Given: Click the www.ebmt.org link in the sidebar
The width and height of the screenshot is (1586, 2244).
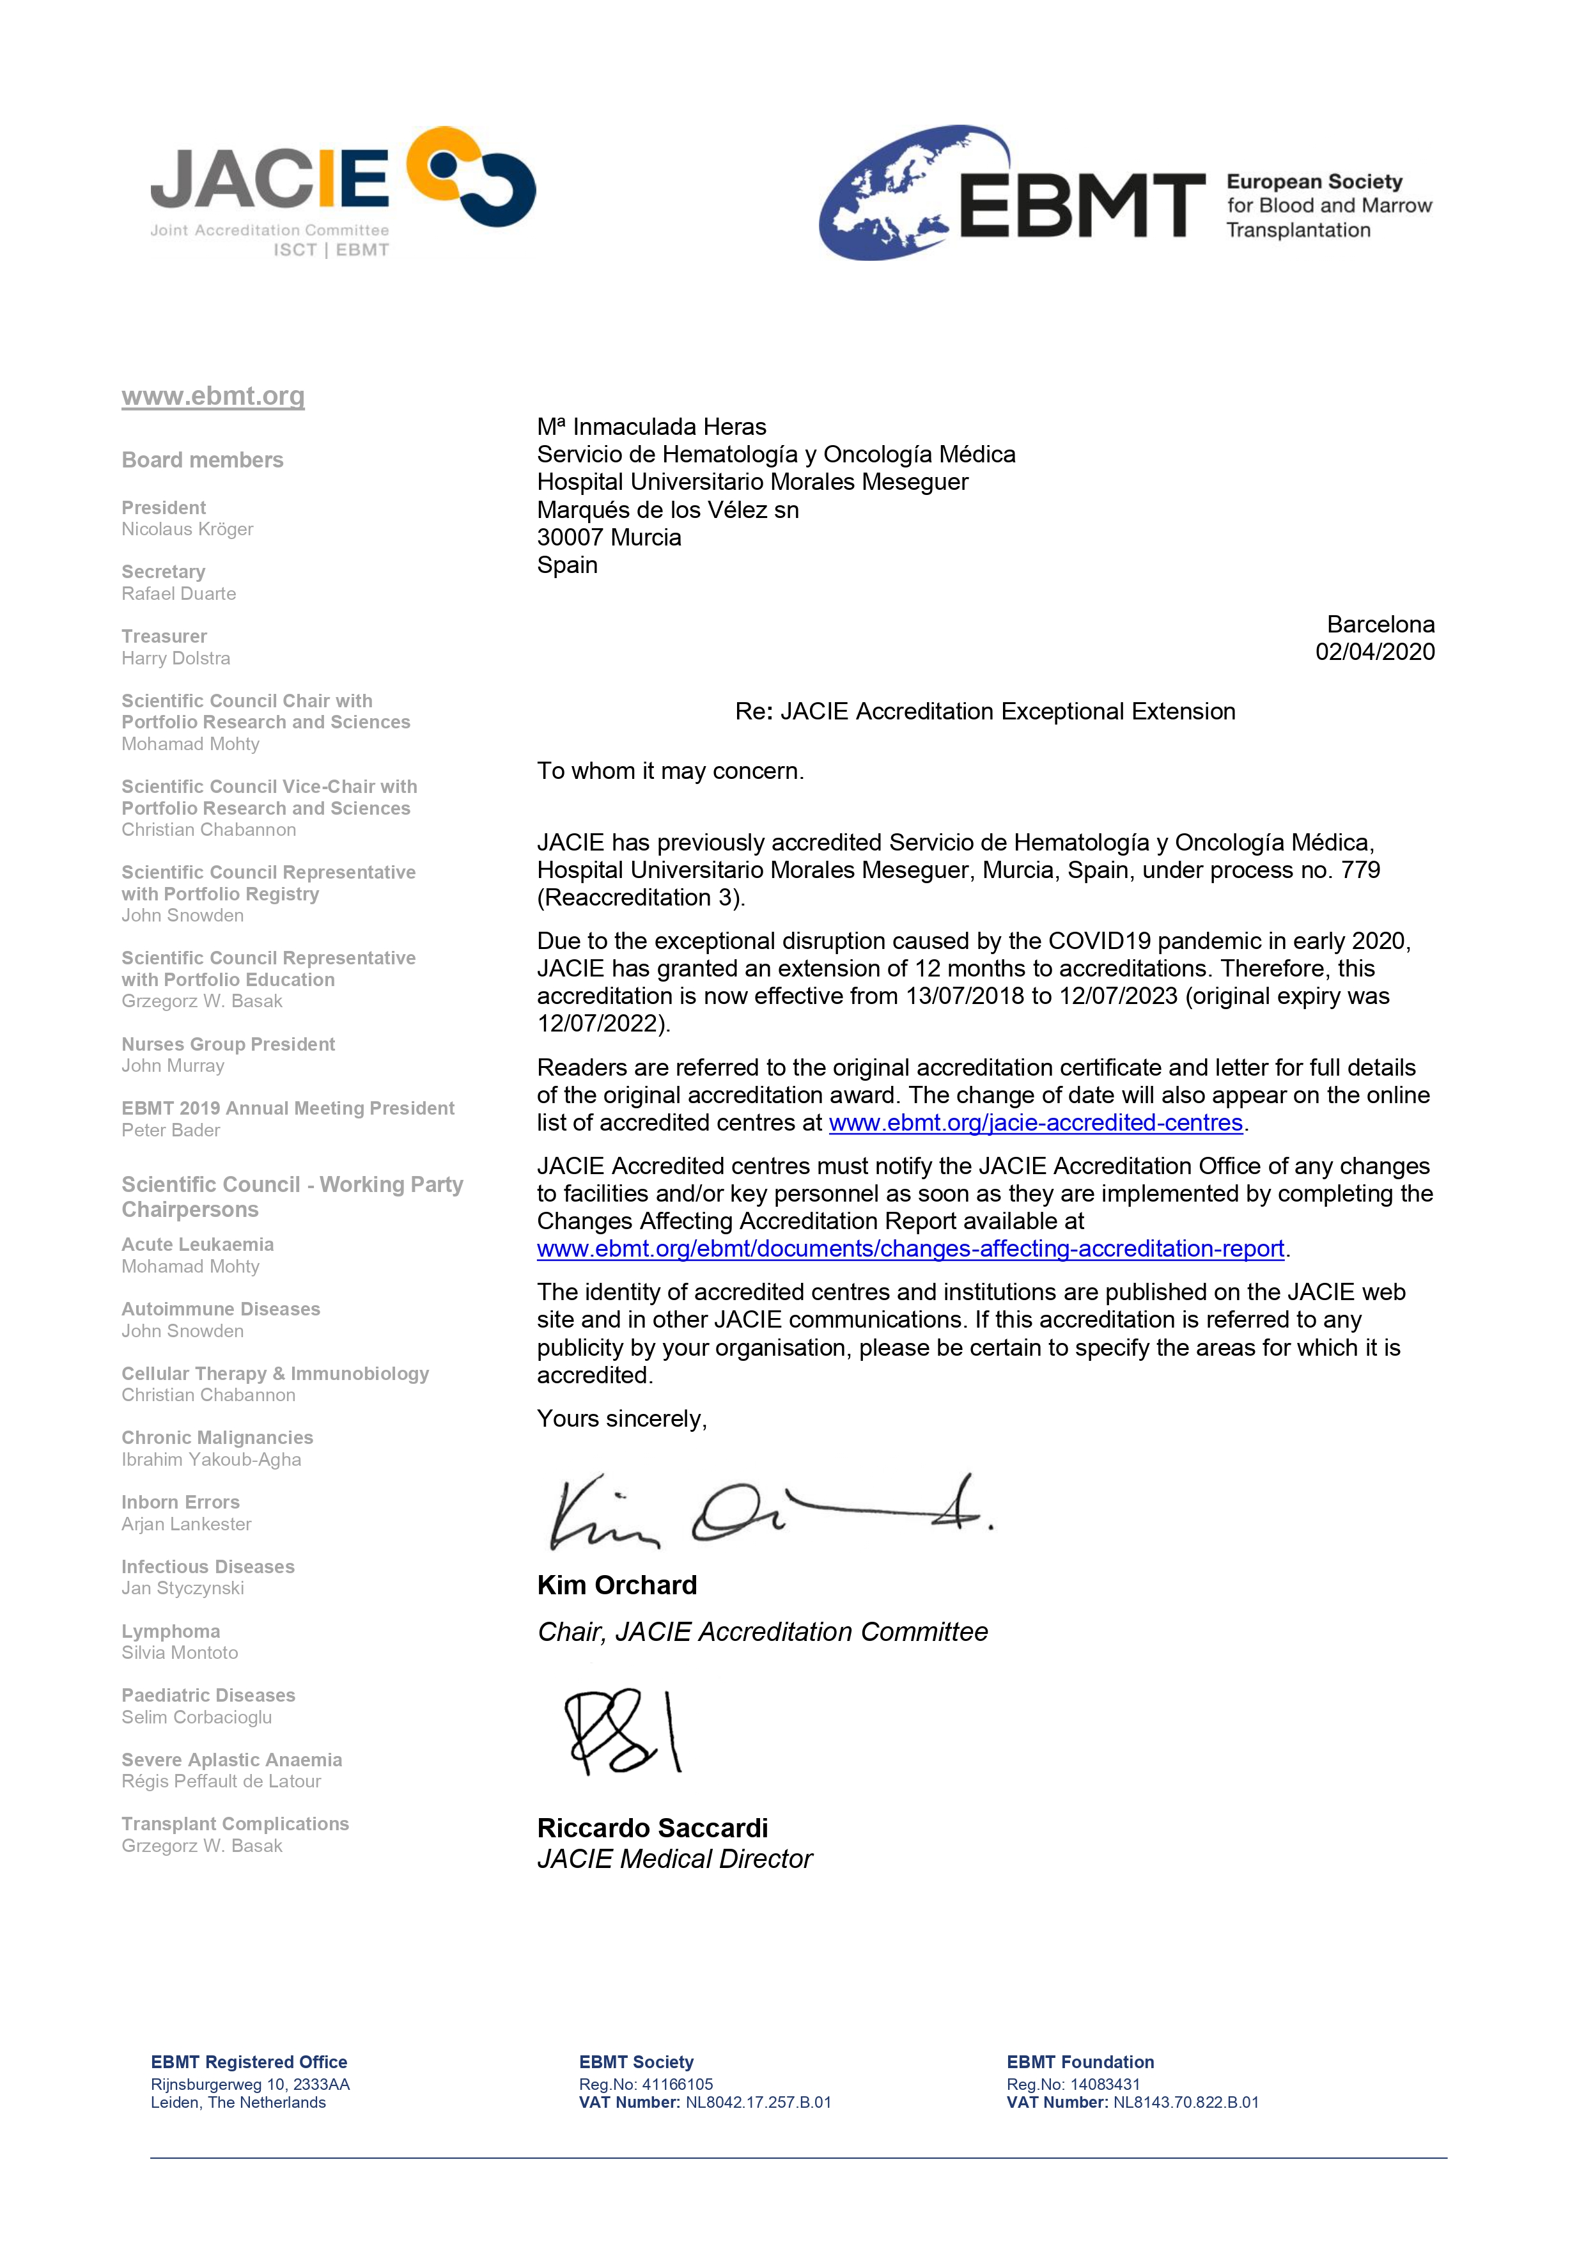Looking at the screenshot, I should [213, 396].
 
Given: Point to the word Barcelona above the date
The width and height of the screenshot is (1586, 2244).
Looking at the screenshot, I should [1380, 625].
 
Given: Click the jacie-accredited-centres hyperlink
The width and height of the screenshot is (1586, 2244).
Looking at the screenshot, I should [1035, 1123].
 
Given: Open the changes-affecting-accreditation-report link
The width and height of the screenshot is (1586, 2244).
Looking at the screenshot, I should [910, 1249].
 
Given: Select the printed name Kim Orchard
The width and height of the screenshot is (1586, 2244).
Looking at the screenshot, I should [617, 1585].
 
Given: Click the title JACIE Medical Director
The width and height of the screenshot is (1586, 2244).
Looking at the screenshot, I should [674, 1859].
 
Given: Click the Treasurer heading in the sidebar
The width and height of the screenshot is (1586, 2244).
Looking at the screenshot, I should [164, 636].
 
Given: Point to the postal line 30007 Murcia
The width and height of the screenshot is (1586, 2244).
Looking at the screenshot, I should [609, 538].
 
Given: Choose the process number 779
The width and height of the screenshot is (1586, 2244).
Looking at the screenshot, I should [1360, 870].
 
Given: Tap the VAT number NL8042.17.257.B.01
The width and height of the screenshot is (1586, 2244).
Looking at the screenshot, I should [758, 2102].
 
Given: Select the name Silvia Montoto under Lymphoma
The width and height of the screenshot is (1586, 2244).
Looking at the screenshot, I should [180, 1652].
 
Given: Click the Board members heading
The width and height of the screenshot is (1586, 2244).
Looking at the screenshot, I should [202, 460].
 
